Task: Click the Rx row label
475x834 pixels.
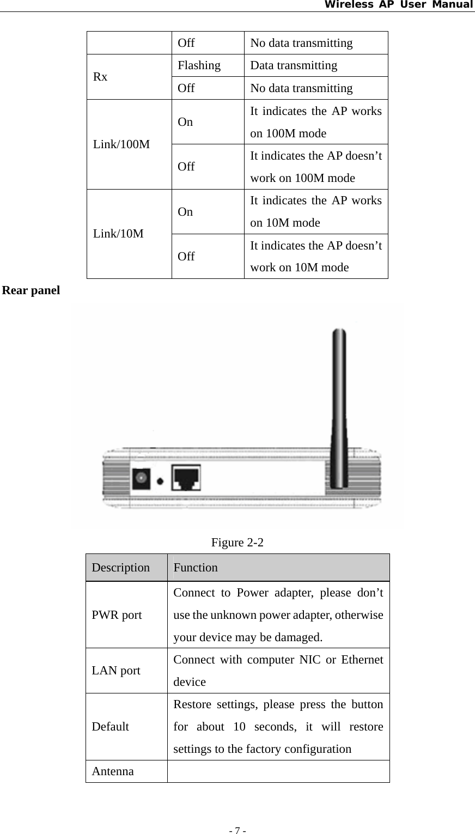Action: (100, 77)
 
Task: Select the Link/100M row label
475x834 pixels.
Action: (121, 145)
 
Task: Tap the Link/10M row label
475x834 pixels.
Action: (118, 234)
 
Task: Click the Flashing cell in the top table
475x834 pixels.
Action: (199, 65)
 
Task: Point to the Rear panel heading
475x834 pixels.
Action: (31, 290)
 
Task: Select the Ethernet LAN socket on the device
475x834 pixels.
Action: (186, 477)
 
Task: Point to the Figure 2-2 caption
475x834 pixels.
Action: (237, 543)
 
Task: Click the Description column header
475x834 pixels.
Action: (120, 568)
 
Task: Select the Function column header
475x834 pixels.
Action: (196, 568)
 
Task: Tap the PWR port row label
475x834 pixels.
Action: (117, 616)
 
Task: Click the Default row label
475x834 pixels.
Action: (111, 727)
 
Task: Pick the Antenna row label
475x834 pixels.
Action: (113, 771)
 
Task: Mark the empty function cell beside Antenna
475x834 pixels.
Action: (278, 771)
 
